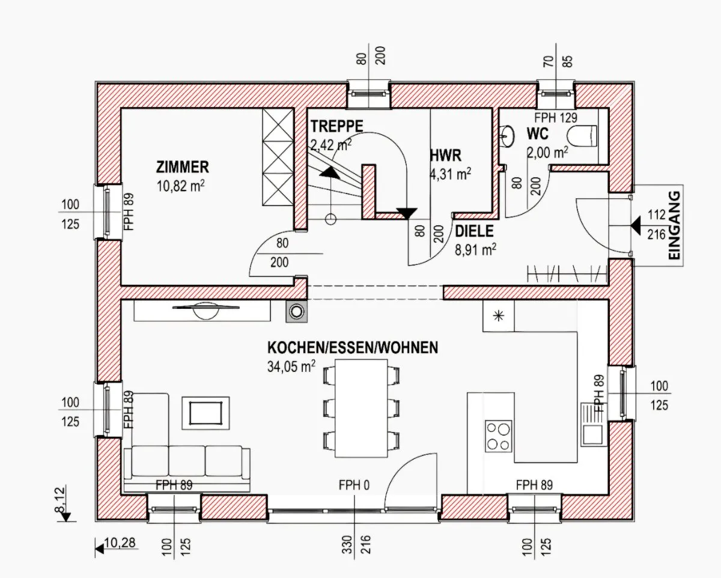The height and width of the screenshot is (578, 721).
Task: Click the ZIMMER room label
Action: coord(183,167)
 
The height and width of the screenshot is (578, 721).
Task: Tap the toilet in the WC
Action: coord(583,136)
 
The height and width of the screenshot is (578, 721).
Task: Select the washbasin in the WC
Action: coord(507,136)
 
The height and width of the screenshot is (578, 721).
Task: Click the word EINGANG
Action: coord(675,225)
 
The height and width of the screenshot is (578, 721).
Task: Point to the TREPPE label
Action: coord(337,126)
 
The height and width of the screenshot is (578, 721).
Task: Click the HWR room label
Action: coord(446,156)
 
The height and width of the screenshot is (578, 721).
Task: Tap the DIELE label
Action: coord(474,231)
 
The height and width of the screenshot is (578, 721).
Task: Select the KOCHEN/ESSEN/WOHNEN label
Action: coord(353,347)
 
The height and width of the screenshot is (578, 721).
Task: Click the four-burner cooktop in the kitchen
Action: coord(499,436)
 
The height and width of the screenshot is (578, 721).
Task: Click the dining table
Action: coord(362,408)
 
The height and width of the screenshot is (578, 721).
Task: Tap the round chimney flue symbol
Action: coord(296,312)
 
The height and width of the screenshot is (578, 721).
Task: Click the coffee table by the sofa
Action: coord(205,413)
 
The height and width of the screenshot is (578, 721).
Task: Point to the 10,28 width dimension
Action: coord(120,542)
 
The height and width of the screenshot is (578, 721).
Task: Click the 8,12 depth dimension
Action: coord(60,500)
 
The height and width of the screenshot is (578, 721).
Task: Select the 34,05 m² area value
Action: coord(291,367)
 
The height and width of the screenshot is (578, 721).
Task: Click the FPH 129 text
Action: coord(556,118)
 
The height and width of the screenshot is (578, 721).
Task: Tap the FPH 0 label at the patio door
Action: coord(354,485)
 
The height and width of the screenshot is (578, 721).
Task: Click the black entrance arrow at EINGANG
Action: coord(636,225)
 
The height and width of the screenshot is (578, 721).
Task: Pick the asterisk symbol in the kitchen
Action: coord(499,316)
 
